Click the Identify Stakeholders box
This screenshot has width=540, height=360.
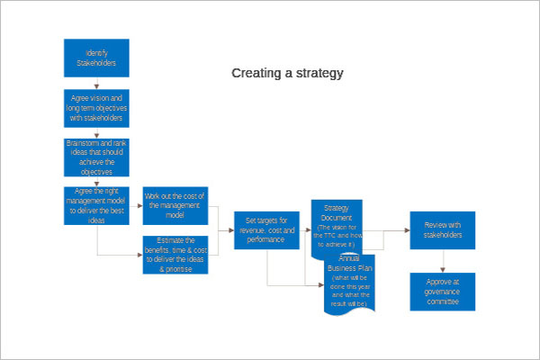[96, 58]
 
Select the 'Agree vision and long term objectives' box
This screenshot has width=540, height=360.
[96, 107]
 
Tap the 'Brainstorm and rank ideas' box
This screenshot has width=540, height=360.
[96, 157]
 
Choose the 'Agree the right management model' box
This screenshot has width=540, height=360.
[96, 206]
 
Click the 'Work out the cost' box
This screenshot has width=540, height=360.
[175, 206]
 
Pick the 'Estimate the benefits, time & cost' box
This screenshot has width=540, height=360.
[175, 255]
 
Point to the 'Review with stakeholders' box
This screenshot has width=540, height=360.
[443, 229]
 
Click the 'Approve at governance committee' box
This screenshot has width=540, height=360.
[443, 291]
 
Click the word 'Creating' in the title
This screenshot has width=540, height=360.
[255, 72]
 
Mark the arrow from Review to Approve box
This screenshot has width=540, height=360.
[443, 261]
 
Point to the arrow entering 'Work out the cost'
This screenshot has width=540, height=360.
[136, 206]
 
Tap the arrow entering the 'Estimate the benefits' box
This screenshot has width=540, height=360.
[136, 255]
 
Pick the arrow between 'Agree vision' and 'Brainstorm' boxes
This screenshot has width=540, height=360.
[96, 131]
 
